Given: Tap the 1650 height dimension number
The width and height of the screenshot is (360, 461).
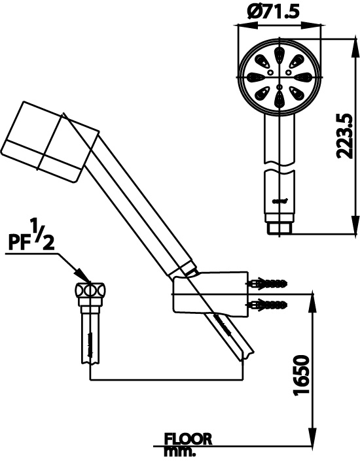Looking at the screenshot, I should pos(300,375).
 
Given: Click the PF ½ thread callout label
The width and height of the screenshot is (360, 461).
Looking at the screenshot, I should pos(31,237).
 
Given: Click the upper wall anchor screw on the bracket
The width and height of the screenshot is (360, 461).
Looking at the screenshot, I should pos(268,284).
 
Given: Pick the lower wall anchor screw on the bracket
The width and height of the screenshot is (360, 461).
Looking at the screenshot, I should pos(268,304).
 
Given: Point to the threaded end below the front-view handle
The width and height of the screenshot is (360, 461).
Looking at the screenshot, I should pos(280,227).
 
